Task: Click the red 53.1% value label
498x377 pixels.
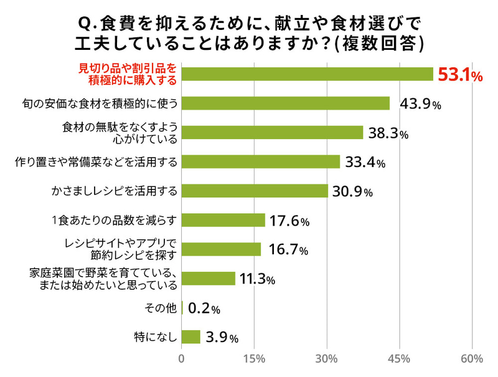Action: point(460,75)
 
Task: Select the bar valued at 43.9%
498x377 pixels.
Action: point(285,103)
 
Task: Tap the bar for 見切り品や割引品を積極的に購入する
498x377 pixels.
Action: point(307,74)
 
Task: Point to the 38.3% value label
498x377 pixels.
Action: point(387,133)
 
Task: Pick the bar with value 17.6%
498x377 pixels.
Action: point(223,220)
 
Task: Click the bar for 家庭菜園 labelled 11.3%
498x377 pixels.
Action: point(208,279)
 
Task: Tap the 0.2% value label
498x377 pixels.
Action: point(204,308)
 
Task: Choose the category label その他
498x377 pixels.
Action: point(161,308)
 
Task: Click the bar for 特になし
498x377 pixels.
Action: point(190,337)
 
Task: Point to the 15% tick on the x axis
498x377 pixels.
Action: point(254,359)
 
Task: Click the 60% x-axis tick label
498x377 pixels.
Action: point(472,359)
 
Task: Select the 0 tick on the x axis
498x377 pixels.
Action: point(181,359)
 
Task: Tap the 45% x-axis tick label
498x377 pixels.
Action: point(399,359)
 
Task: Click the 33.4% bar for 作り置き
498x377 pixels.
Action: point(260,162)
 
